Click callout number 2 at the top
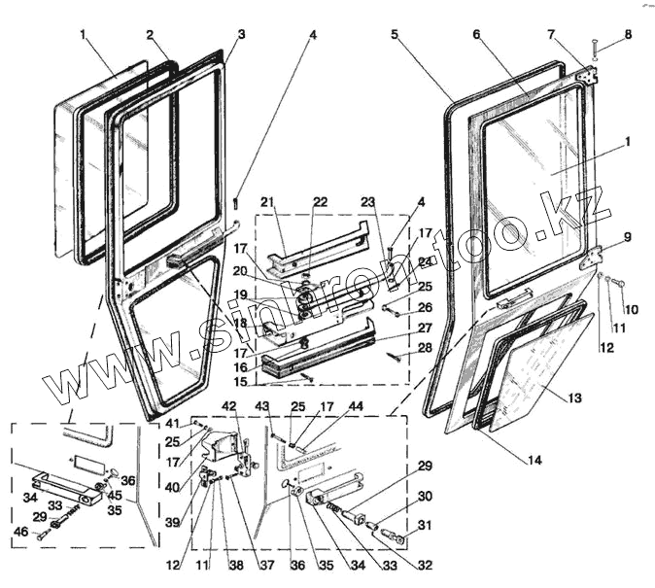(x=151, y=35)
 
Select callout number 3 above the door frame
(x=241, y=35)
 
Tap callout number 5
(x=395, y=35)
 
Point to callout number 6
(x=477, y=35)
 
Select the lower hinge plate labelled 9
(x=588, y=259)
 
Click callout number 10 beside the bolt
(x=630, y=310)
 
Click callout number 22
(x=321, y=202)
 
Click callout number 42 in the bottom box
(x=228, y=405)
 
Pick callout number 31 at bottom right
(x=424, y=526)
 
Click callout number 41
(x=173, y=425)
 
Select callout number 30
(x=424, y=497)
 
